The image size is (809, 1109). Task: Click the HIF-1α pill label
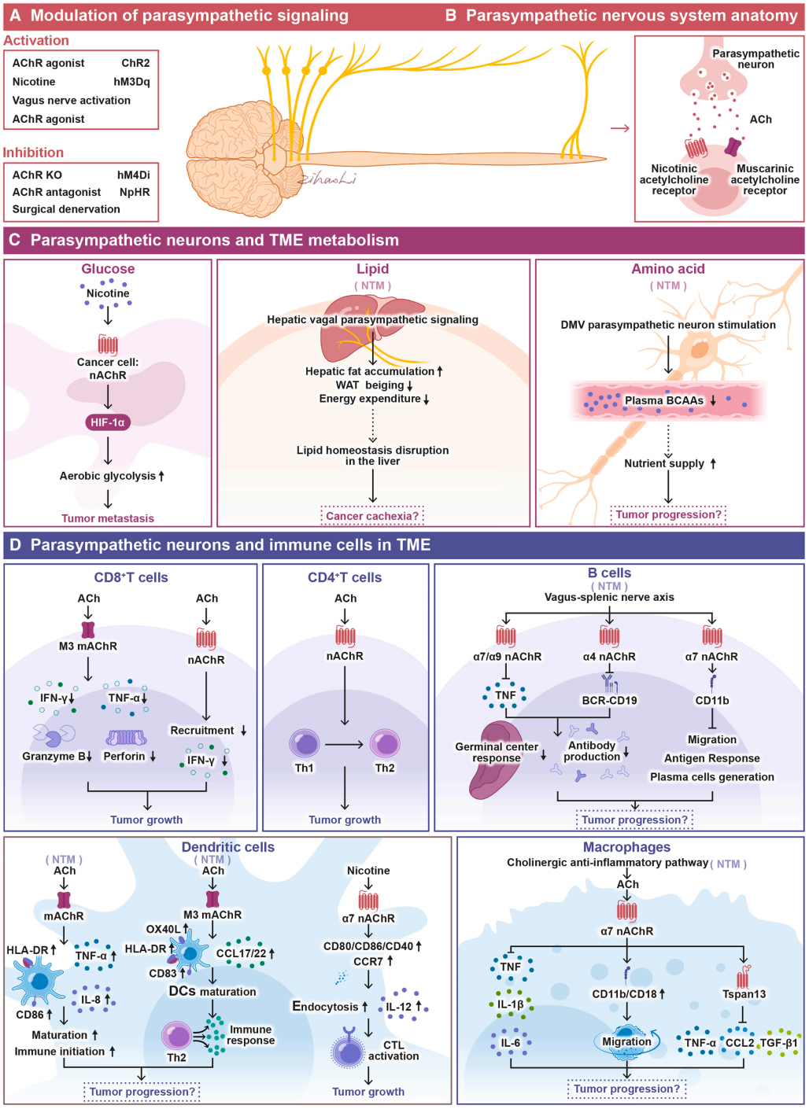pyautogui.click(x=108, y=422)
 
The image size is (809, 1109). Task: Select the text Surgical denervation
pyautogui.click(x=66, y=209)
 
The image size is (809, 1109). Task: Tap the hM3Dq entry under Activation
pyautogui.click(x=131, y=82)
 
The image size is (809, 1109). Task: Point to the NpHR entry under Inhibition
pyautogui.click(x=135, y=192)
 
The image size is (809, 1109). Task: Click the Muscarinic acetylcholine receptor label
pyautogui.click(x=764, y=179)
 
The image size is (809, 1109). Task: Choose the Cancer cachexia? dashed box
pyautogui.click(x=372, y=516)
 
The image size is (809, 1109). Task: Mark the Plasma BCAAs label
pyautogui.click(x=663, y=400)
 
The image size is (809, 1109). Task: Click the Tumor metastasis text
pyautogui.click(x=108, y=518)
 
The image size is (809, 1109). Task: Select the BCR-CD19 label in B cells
pyautogui.click(x=609, y=700)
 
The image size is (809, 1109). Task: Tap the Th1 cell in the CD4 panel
pyautogui.click(x=305, y=744)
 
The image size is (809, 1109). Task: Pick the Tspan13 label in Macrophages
pyautogui.click(x=744, y=993)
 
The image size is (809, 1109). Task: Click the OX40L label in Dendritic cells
pyautogui.click(x=163, y=929)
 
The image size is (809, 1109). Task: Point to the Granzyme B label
pyautogui.click(x=54, y=756)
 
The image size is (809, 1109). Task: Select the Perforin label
pyautogui.click(x=124, y=756)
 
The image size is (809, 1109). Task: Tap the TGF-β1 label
pyautogui.click(x=778, y=1043)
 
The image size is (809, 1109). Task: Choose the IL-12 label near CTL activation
pyautogui.click(x=398, y=1006)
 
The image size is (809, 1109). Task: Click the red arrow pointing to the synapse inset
pyautogui.click(x=620, y=128)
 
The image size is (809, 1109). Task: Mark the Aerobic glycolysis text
pyautogui.click(x=108, y=476)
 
